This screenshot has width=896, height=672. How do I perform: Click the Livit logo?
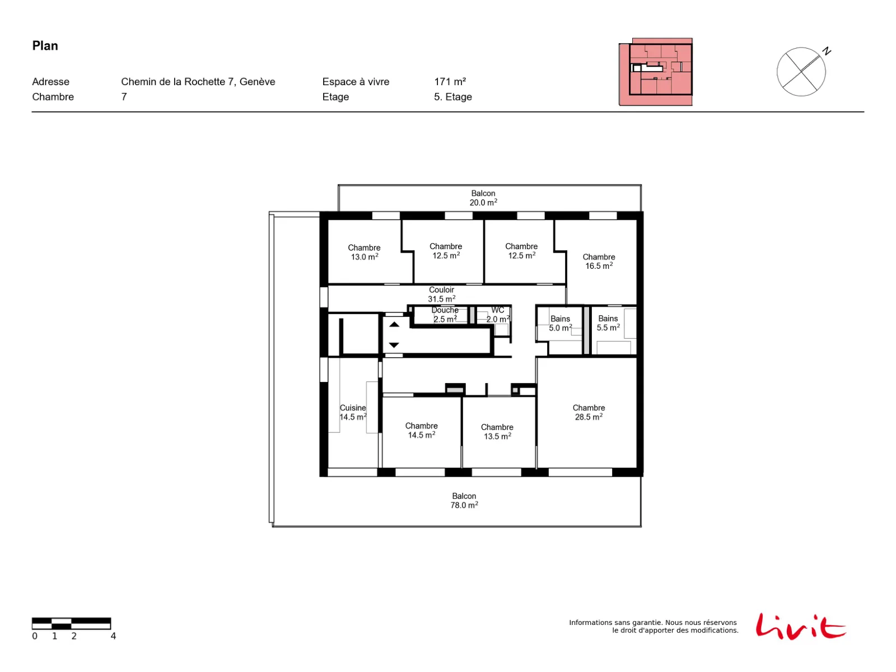coord(800,626)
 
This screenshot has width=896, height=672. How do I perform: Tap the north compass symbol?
coord(802,72)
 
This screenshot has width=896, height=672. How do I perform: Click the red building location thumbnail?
coord(655,72)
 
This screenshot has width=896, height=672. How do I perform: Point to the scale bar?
coord(72,623)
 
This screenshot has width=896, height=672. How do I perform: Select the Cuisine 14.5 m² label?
coord(353,412)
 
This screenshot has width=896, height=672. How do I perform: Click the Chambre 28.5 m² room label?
coord(588,412)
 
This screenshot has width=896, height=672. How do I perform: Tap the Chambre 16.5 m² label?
coord(599,261)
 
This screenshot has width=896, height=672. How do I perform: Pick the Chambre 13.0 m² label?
coord(363,252)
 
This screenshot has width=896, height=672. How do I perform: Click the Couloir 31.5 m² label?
coord(441,294)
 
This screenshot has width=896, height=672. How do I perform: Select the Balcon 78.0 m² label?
coord(464,500)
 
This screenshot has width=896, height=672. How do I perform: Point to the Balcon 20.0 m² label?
coord(483,198)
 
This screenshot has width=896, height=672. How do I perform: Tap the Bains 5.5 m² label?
coord(608,323)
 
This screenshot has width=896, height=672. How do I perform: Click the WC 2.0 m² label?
coord(498,315)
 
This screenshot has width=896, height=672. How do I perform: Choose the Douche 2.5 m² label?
coord(445,315)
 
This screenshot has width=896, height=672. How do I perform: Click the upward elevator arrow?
coord(394,324)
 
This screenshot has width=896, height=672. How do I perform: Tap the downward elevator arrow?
coord(394,345)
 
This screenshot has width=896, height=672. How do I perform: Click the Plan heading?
coord(45,46)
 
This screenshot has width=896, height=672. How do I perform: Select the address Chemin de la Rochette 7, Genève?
coord(198,82)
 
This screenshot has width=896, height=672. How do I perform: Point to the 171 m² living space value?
coord(450,82)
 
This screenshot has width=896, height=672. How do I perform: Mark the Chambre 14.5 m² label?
coord(421,430)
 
